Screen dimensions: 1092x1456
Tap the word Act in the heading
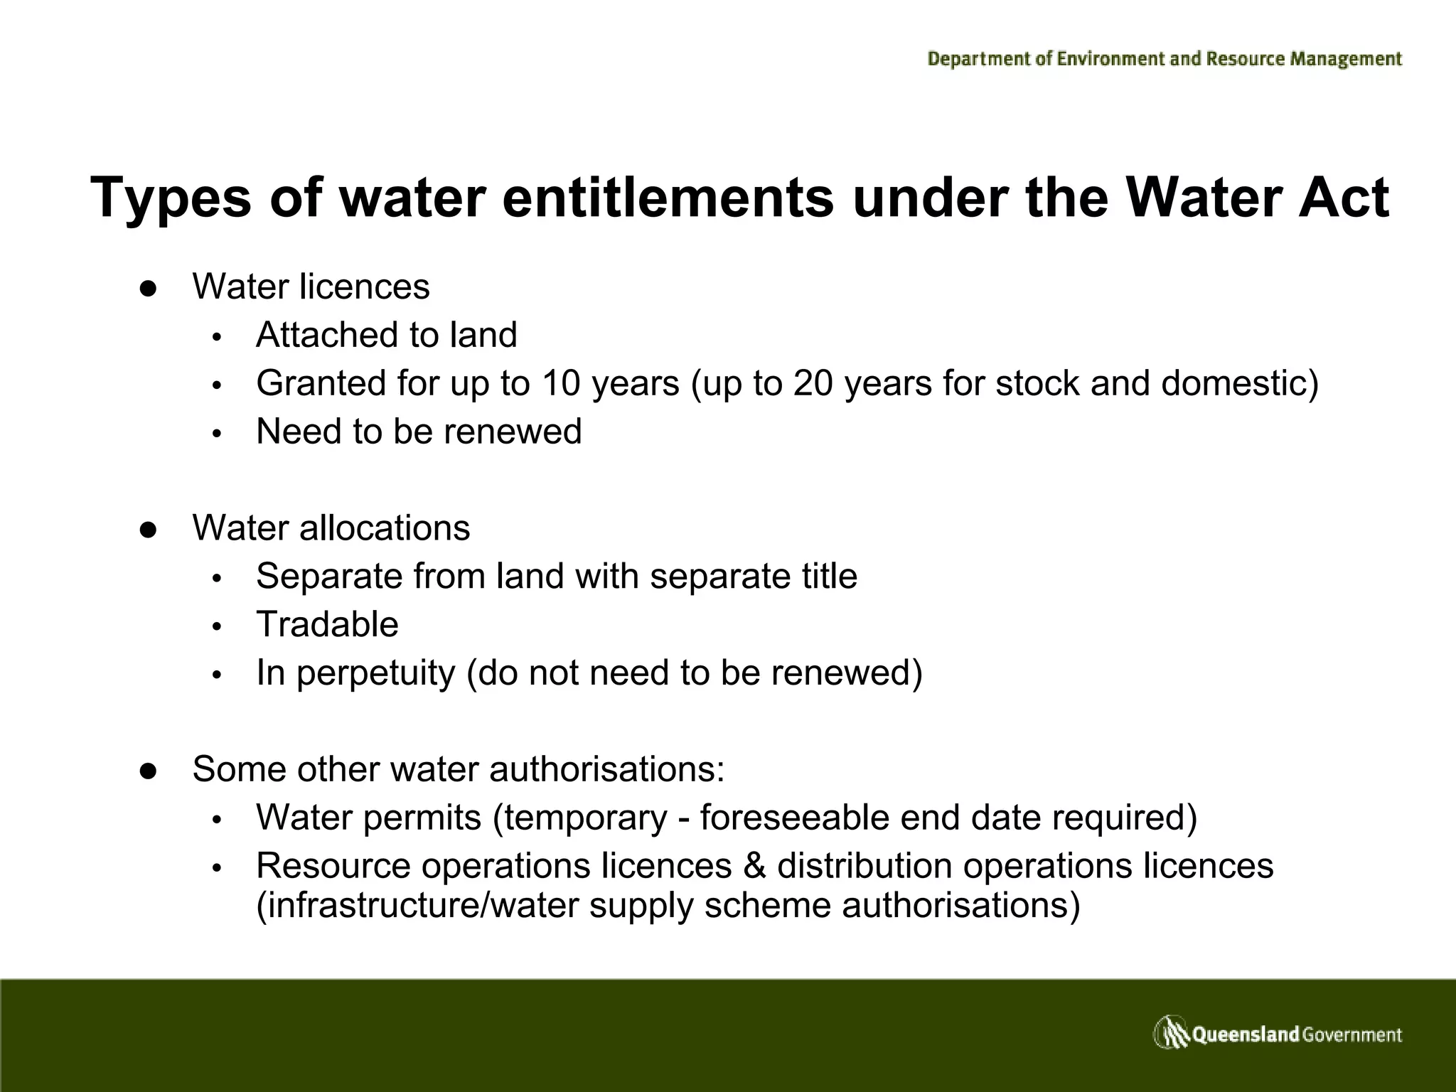coord(1342,198)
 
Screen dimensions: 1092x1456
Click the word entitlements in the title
coord(668,198)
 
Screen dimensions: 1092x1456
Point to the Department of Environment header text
coord(1165,59)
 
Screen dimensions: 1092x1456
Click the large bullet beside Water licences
coord(148,288)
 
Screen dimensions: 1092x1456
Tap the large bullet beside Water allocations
coord(148,529)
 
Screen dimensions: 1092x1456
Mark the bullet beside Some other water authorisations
coord(148,770)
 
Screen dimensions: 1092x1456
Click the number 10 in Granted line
coord(561,383)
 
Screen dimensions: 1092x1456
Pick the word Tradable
coord(327,624)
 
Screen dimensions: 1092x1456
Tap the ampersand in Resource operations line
coord(754,866)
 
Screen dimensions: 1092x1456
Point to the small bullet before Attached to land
coord(218,336)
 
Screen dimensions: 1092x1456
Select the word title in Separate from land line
coord(830,576)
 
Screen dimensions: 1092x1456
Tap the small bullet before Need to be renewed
coord(218,433)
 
